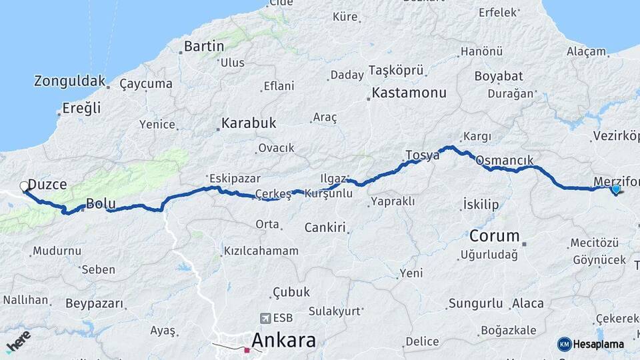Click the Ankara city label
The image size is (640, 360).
point(283,340)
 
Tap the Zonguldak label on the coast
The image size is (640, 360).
point(69,81)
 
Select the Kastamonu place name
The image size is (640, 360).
point(408,93)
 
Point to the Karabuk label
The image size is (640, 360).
point(248,123)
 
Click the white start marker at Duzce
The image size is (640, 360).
point(25,186)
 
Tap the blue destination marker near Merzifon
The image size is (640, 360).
point(615,189)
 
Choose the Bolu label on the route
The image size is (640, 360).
point(101,204)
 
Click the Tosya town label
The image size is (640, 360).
point(422,155)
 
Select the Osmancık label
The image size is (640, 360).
point(505,161)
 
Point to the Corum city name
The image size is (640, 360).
point(494,236)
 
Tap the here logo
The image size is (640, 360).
point(17,341)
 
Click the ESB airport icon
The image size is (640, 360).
point(267,318)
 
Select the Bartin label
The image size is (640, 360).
point(203,46)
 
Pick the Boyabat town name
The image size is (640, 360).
point(498,76)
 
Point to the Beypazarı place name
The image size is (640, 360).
point(94,303)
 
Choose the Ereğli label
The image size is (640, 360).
point(81,108)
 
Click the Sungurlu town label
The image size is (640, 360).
point(475,304)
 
